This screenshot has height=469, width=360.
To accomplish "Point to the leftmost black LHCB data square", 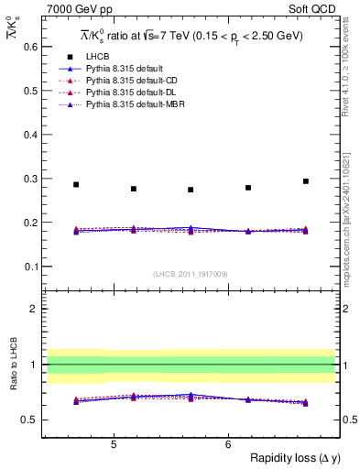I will point(76,184).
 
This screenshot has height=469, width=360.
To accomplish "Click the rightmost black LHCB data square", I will point(306,181).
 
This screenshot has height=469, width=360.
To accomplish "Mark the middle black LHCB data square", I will point(191,190).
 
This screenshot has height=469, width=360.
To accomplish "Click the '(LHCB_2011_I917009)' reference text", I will point(190,274).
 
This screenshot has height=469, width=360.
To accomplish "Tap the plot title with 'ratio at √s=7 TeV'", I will point(190,36).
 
